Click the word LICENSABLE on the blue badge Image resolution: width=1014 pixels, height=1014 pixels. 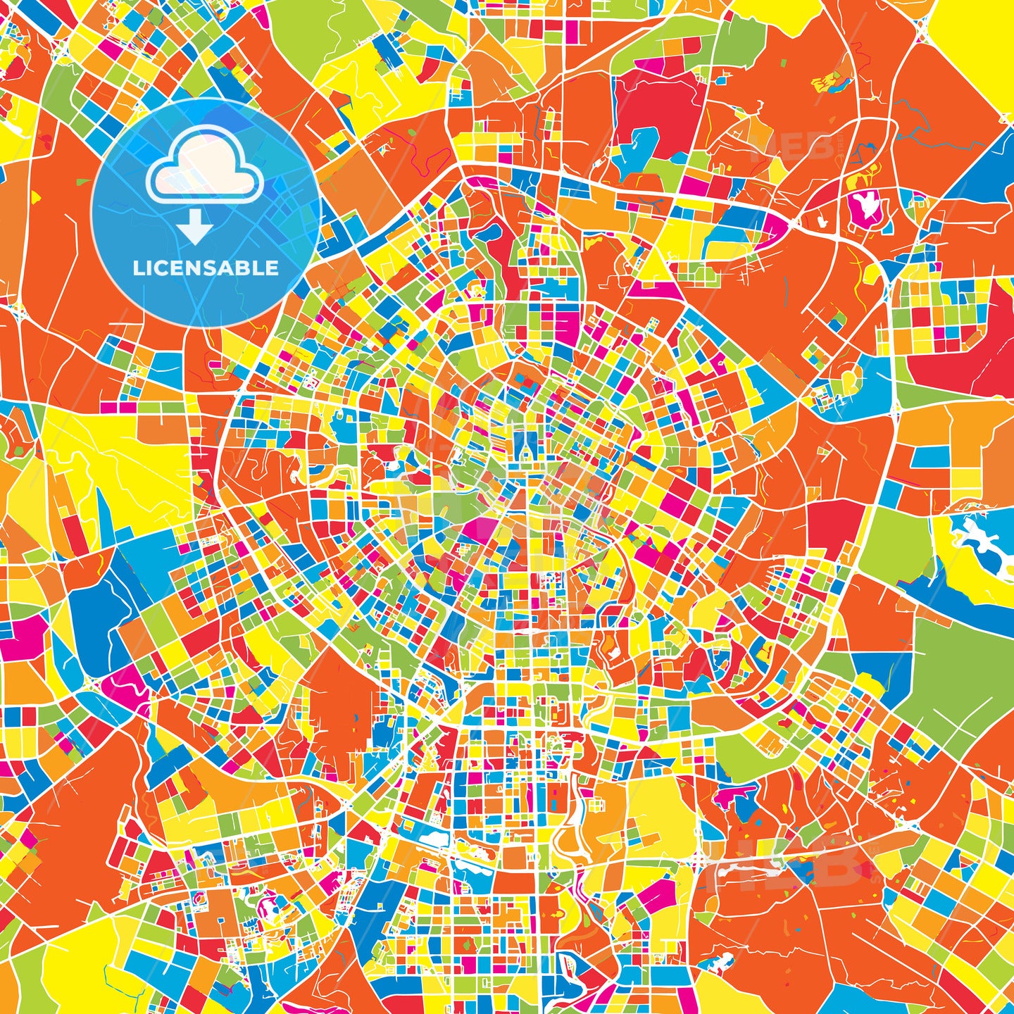coord(206,268)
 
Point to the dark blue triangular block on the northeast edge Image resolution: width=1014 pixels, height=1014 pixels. coord(989,169)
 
